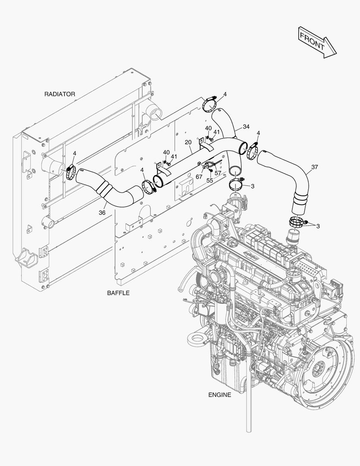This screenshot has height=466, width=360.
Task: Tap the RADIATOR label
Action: pos(59,94)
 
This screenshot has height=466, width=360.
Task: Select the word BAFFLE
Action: pos(118,293)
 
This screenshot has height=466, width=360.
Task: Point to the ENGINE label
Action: pos(219,394)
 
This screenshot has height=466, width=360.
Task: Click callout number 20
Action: pos(188,142)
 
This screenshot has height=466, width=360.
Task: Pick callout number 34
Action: pos(246,127)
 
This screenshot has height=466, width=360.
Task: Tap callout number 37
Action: pos(314,167)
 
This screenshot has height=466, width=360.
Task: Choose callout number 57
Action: pos(218,173)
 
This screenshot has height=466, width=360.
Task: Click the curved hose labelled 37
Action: pos(297,177)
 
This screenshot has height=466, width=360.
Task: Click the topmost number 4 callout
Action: pos(225,94)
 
